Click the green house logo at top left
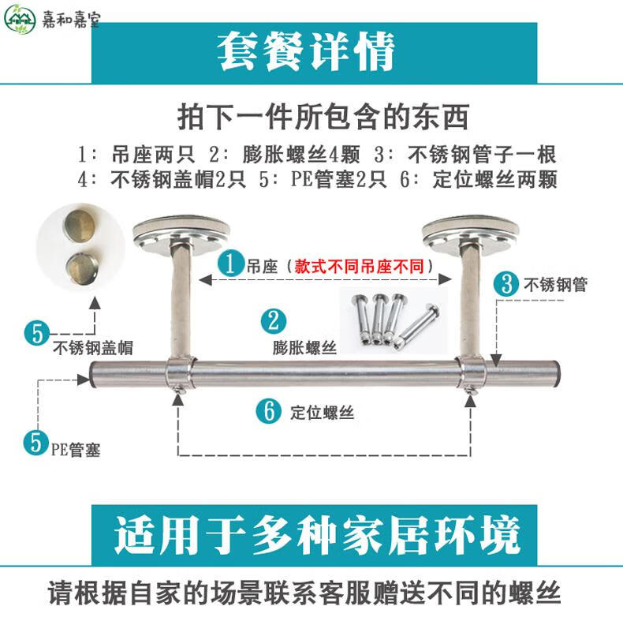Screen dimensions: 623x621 tap(20, 19)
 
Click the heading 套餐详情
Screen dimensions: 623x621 tap(306, 51)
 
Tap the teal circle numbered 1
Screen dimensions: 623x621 tap(230, 264)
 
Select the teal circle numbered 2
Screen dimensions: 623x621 tap(274, 321)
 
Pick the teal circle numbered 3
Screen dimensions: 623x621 tap(506, 284)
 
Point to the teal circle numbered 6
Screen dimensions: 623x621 tap(269, 410)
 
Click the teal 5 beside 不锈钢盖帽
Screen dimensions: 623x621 tap(37, 333)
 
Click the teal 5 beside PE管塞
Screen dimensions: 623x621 tap(36, 442)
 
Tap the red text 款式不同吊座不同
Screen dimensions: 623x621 tap(359, 266)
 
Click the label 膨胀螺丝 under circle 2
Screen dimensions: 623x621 tap(304, 347)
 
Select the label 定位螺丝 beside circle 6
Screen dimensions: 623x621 tap(322, 412)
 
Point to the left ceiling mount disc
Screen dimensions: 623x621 tap(181, 234)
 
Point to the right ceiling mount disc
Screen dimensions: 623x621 tap(471, 234)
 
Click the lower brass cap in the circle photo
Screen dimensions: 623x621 tap(82, 267)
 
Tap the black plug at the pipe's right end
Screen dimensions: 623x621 tap(557, 373)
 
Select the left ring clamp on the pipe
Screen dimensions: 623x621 tap(180, 374)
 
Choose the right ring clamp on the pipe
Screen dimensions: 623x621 tap(471, 374)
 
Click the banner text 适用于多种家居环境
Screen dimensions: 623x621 tap(317, 535)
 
